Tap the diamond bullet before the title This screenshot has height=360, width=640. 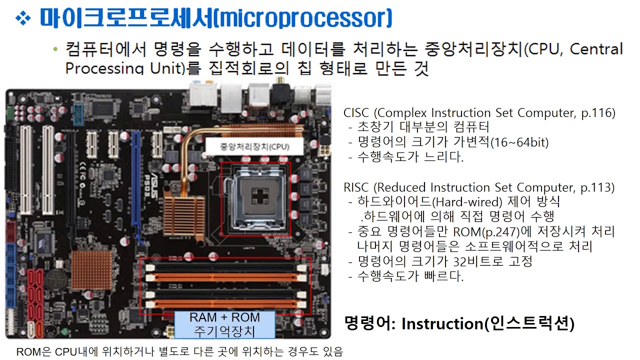[23, 19]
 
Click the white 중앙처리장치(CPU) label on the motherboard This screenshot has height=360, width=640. [254, 146]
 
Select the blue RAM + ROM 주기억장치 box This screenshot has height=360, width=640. [224, 324]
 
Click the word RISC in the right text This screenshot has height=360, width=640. [356, 187]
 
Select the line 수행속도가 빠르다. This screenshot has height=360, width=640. [410, 276]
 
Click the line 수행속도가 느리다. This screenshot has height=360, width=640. [410, 157]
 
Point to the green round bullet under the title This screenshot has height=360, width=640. [55, 49]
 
